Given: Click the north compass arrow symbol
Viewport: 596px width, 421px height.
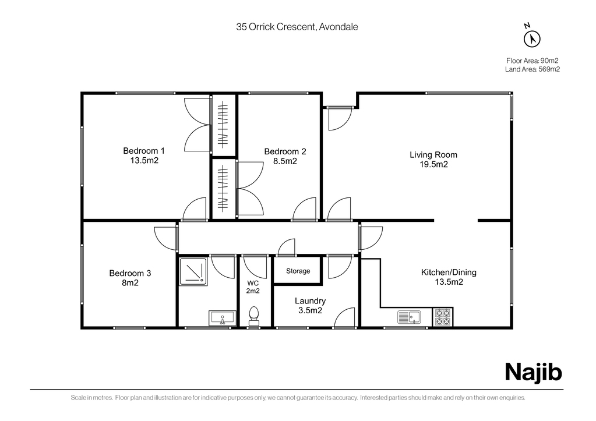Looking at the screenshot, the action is click(x=532, y=39).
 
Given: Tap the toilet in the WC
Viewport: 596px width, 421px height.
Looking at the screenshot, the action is click(x=253, y=317).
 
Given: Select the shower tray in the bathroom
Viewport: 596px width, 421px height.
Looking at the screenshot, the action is click(x=193, y=272).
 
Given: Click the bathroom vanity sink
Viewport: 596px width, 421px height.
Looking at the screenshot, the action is click(x=223, y=318).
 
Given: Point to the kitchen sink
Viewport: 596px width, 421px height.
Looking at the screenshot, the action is click(x=409, y=317).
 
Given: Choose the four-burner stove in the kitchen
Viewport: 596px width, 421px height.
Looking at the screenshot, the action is click(x=443, y=317).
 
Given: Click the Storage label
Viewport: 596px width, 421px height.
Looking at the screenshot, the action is click(x=298, y=271).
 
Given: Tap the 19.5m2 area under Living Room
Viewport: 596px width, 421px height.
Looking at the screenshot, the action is click(x=433, y=165).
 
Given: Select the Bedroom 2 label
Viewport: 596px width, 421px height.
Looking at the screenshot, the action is click(x=285, y=151).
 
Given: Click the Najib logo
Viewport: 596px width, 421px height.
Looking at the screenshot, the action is click(x=533, y=372).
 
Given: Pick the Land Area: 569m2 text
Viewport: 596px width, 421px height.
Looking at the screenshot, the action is click(x=532, y=69).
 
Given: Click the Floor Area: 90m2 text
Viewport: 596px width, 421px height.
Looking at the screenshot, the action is click(x=532, y=61).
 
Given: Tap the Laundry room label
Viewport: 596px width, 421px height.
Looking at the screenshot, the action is click(x=310, y=301).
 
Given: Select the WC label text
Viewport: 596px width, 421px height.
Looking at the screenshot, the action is click(x=253, y=283).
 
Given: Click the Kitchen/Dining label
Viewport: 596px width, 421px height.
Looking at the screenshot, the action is click(x=449, y=272).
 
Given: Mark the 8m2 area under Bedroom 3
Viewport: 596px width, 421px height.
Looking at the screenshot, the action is click(x=130, y=282).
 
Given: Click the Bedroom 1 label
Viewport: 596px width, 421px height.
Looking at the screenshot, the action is click(x=144, y=151).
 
